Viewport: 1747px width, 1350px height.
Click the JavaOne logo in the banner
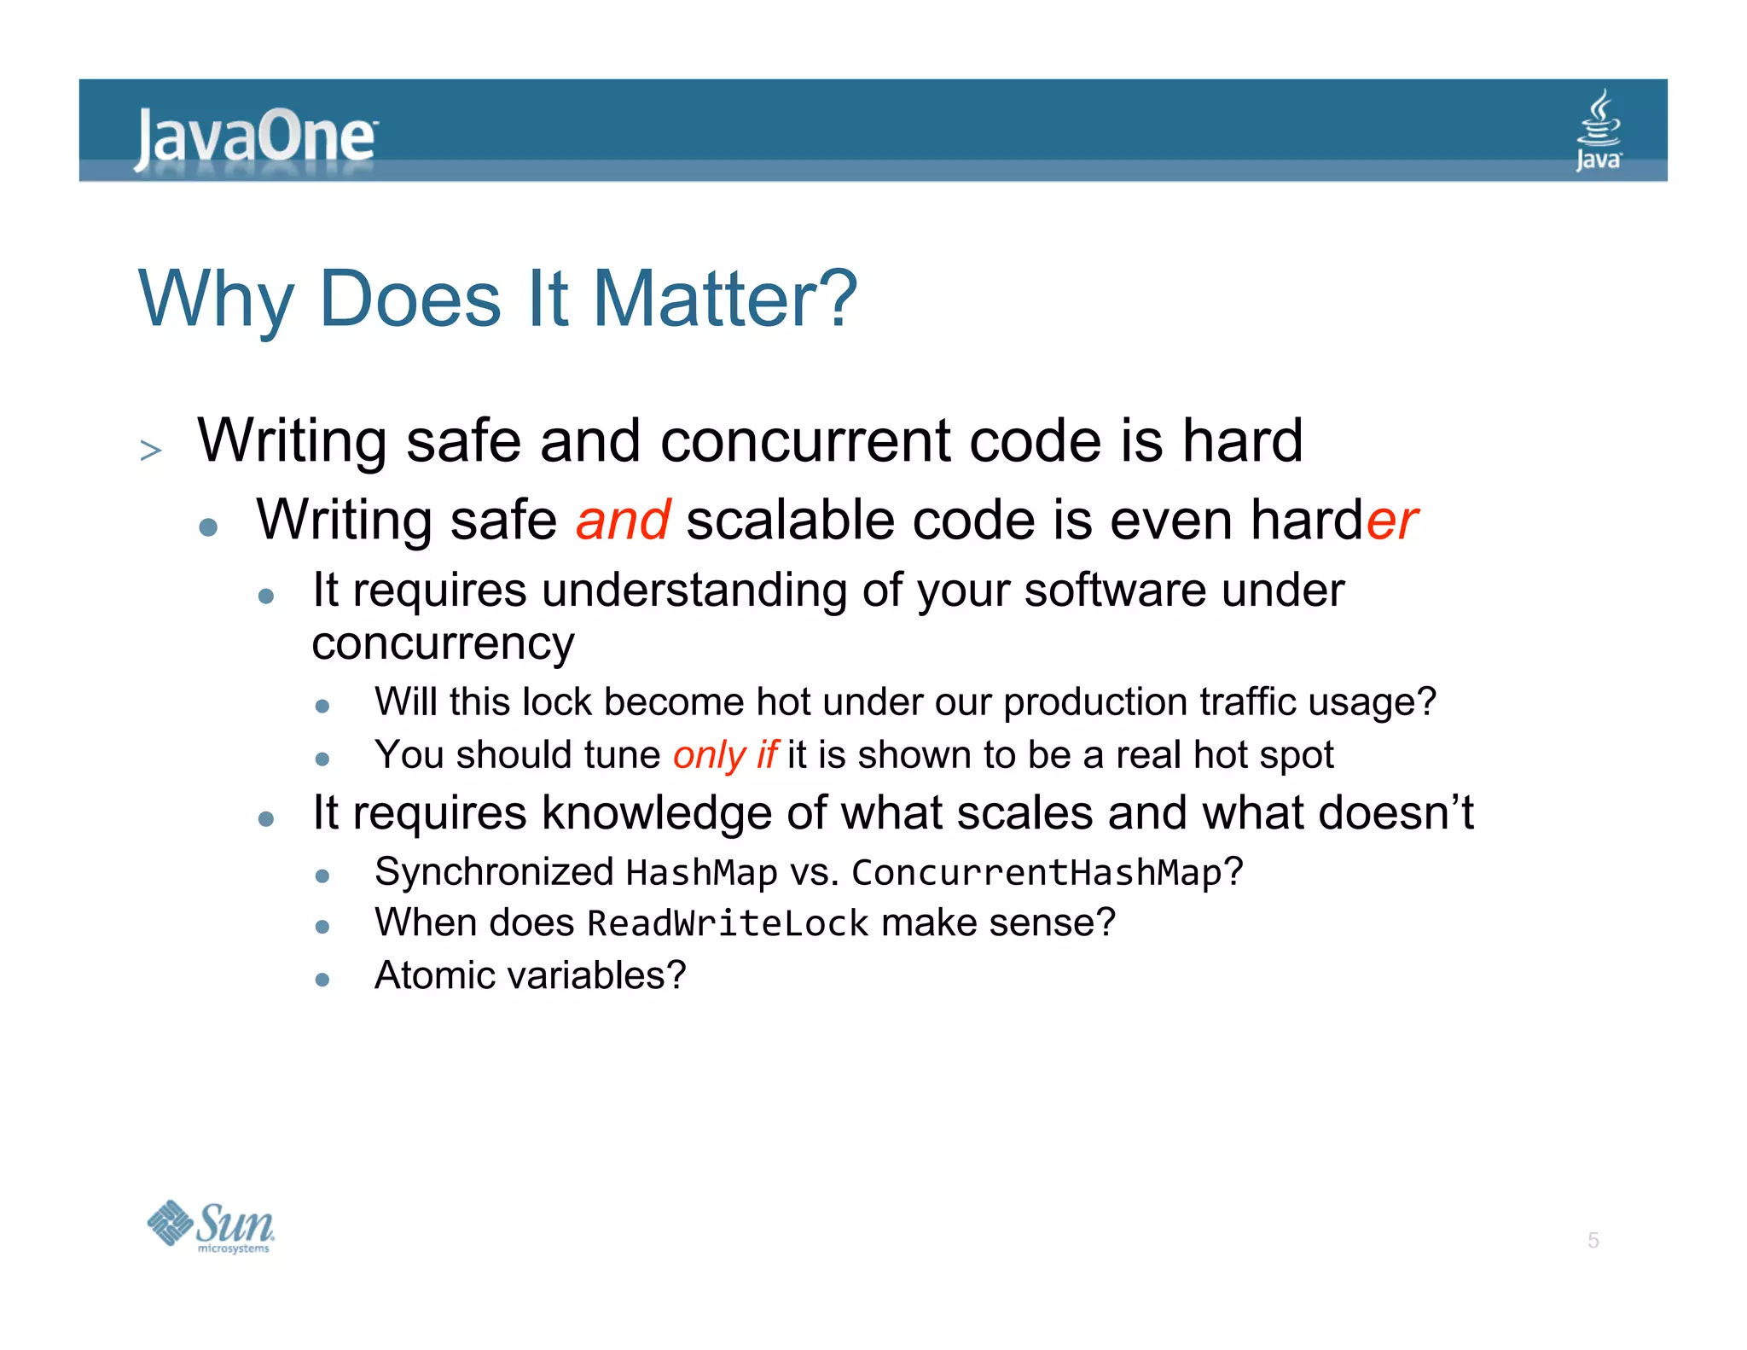pyautogui.click(x=254, y=137)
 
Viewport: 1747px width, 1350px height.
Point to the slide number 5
pyautogui.click(x=1593, y=1240)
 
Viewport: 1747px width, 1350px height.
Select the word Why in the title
pyautogui.click(x=217, y=300)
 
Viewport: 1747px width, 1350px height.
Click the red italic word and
pyautogui.click(x=623, y=521)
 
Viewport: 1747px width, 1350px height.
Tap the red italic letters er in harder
pyautogui.click(x=1392, y=521)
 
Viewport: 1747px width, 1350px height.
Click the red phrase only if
pyautogui.click(x=724, y=755)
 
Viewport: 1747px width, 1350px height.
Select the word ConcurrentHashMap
pyautogui.click(x=1036, y=873)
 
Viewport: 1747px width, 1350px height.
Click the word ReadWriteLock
pyautogui.click(x=728, y=924)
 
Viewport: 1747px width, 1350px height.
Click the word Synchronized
pyautogui.click(x=494, y=873)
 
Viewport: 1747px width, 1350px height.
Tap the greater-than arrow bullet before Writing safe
pyautogui.click(x=151, y=450)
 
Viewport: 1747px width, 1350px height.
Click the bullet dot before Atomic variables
pyautogui.click(x=322, y=980)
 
